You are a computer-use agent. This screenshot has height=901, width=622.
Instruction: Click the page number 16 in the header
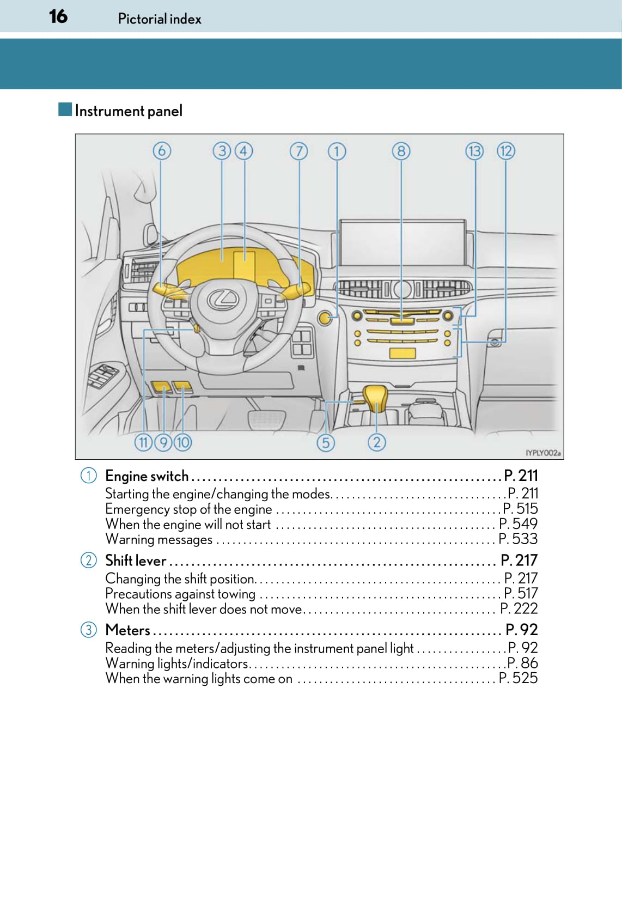pos(58,16)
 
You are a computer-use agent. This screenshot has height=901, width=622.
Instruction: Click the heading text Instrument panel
pos(129,111)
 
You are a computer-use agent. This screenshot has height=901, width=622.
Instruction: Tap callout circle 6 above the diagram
pos(162,151)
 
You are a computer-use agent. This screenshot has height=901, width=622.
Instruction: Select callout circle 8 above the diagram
pos(401,151)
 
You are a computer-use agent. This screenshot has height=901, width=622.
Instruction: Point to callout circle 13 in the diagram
pos(474,151)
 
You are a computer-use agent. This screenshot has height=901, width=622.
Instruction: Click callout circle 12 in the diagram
pos(506,151)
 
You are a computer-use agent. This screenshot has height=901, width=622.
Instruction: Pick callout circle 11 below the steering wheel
pos(143,442)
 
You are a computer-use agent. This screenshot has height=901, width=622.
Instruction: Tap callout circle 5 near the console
pos(326,442)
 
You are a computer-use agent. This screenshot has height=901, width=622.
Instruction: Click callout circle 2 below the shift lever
pos(377,442)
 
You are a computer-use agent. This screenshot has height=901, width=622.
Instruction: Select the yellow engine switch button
pos(325,318)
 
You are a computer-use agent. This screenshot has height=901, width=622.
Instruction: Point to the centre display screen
pos(403,242)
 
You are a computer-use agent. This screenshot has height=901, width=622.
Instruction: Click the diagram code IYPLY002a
pos(542,453)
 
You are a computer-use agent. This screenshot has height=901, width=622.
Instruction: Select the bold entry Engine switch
pos(147,476)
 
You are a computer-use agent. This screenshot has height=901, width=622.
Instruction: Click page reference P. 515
pos(520,509)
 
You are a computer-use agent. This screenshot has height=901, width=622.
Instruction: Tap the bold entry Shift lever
pos(136,561)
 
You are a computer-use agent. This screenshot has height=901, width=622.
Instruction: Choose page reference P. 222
pos(519,608)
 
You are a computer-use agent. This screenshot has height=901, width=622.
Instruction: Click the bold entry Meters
pos(128,630)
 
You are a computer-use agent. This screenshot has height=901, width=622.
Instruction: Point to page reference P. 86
pos(522,663)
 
